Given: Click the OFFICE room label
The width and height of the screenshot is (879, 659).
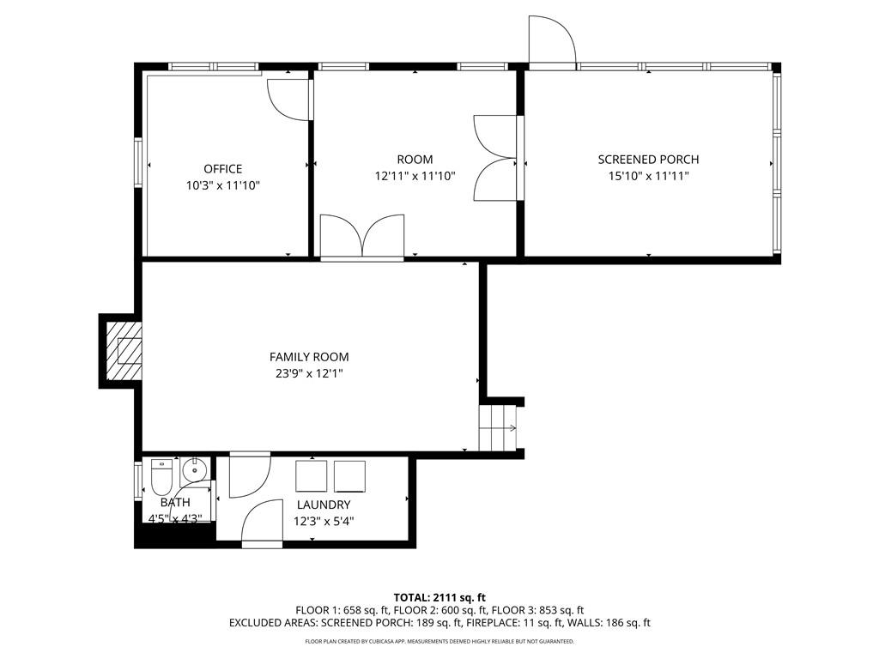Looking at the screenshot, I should click(x=222, y=169).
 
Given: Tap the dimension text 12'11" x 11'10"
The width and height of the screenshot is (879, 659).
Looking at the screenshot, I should click(x=415, y=176).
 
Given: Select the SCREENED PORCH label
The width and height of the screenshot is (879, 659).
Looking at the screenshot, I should click(x=648, y=160).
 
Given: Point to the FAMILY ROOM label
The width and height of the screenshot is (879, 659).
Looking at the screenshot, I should click(x=309, y=357).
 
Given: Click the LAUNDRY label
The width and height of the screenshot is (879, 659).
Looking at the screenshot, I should click(x=324, y=505).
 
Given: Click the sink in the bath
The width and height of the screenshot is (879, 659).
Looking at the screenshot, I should click(x=195, y=469).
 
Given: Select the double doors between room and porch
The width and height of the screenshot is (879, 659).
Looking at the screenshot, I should click(x=495, y=159).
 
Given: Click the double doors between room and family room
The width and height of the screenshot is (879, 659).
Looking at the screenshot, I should click(x=361, y=236).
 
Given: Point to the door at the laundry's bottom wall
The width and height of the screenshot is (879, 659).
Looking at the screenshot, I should click(x=263, y=523).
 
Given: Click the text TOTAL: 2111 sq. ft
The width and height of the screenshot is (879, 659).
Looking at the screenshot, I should click(x=439, y=597).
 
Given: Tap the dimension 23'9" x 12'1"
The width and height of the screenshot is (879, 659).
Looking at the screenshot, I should click(x=309, y=373).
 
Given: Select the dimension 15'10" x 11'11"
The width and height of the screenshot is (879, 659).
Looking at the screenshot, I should click(x=648, y=176).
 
